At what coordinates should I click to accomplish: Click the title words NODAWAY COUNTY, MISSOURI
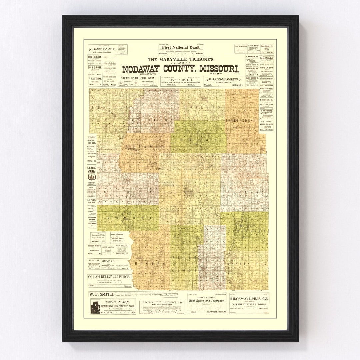(x=180, y=69)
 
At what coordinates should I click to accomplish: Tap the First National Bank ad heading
(x=181, y=47)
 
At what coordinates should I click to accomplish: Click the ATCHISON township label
(x=152, y=119)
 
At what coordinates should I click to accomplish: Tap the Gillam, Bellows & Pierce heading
(x=109, y=277)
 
